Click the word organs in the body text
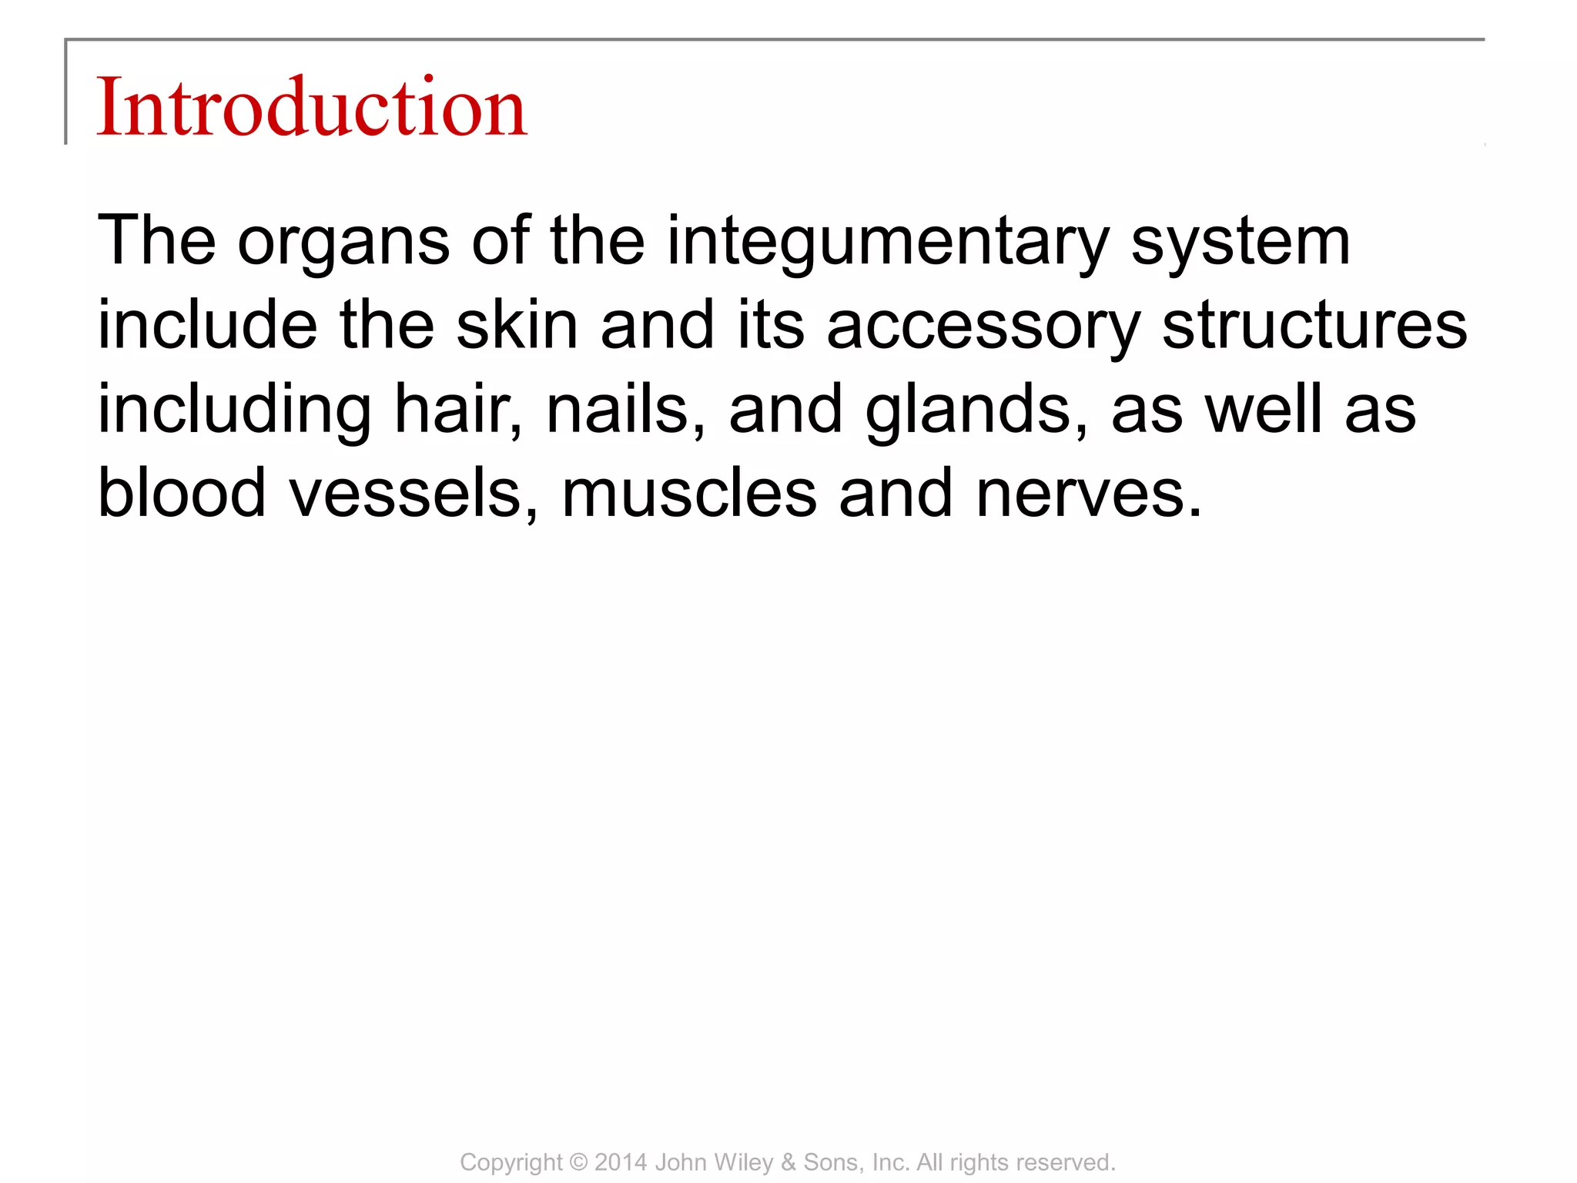[x=343, y=242]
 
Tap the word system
[x=1241, y=242]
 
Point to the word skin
[x=517, y=325]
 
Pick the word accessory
[x=983, y=327]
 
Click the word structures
[x=1314, y=325]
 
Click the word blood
[x=182, y=493]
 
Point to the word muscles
[x=689, y=493]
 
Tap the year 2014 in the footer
[x=621, y=1162]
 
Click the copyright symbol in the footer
[x=578, y=1162]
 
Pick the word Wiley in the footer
[x=747, y=1162]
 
